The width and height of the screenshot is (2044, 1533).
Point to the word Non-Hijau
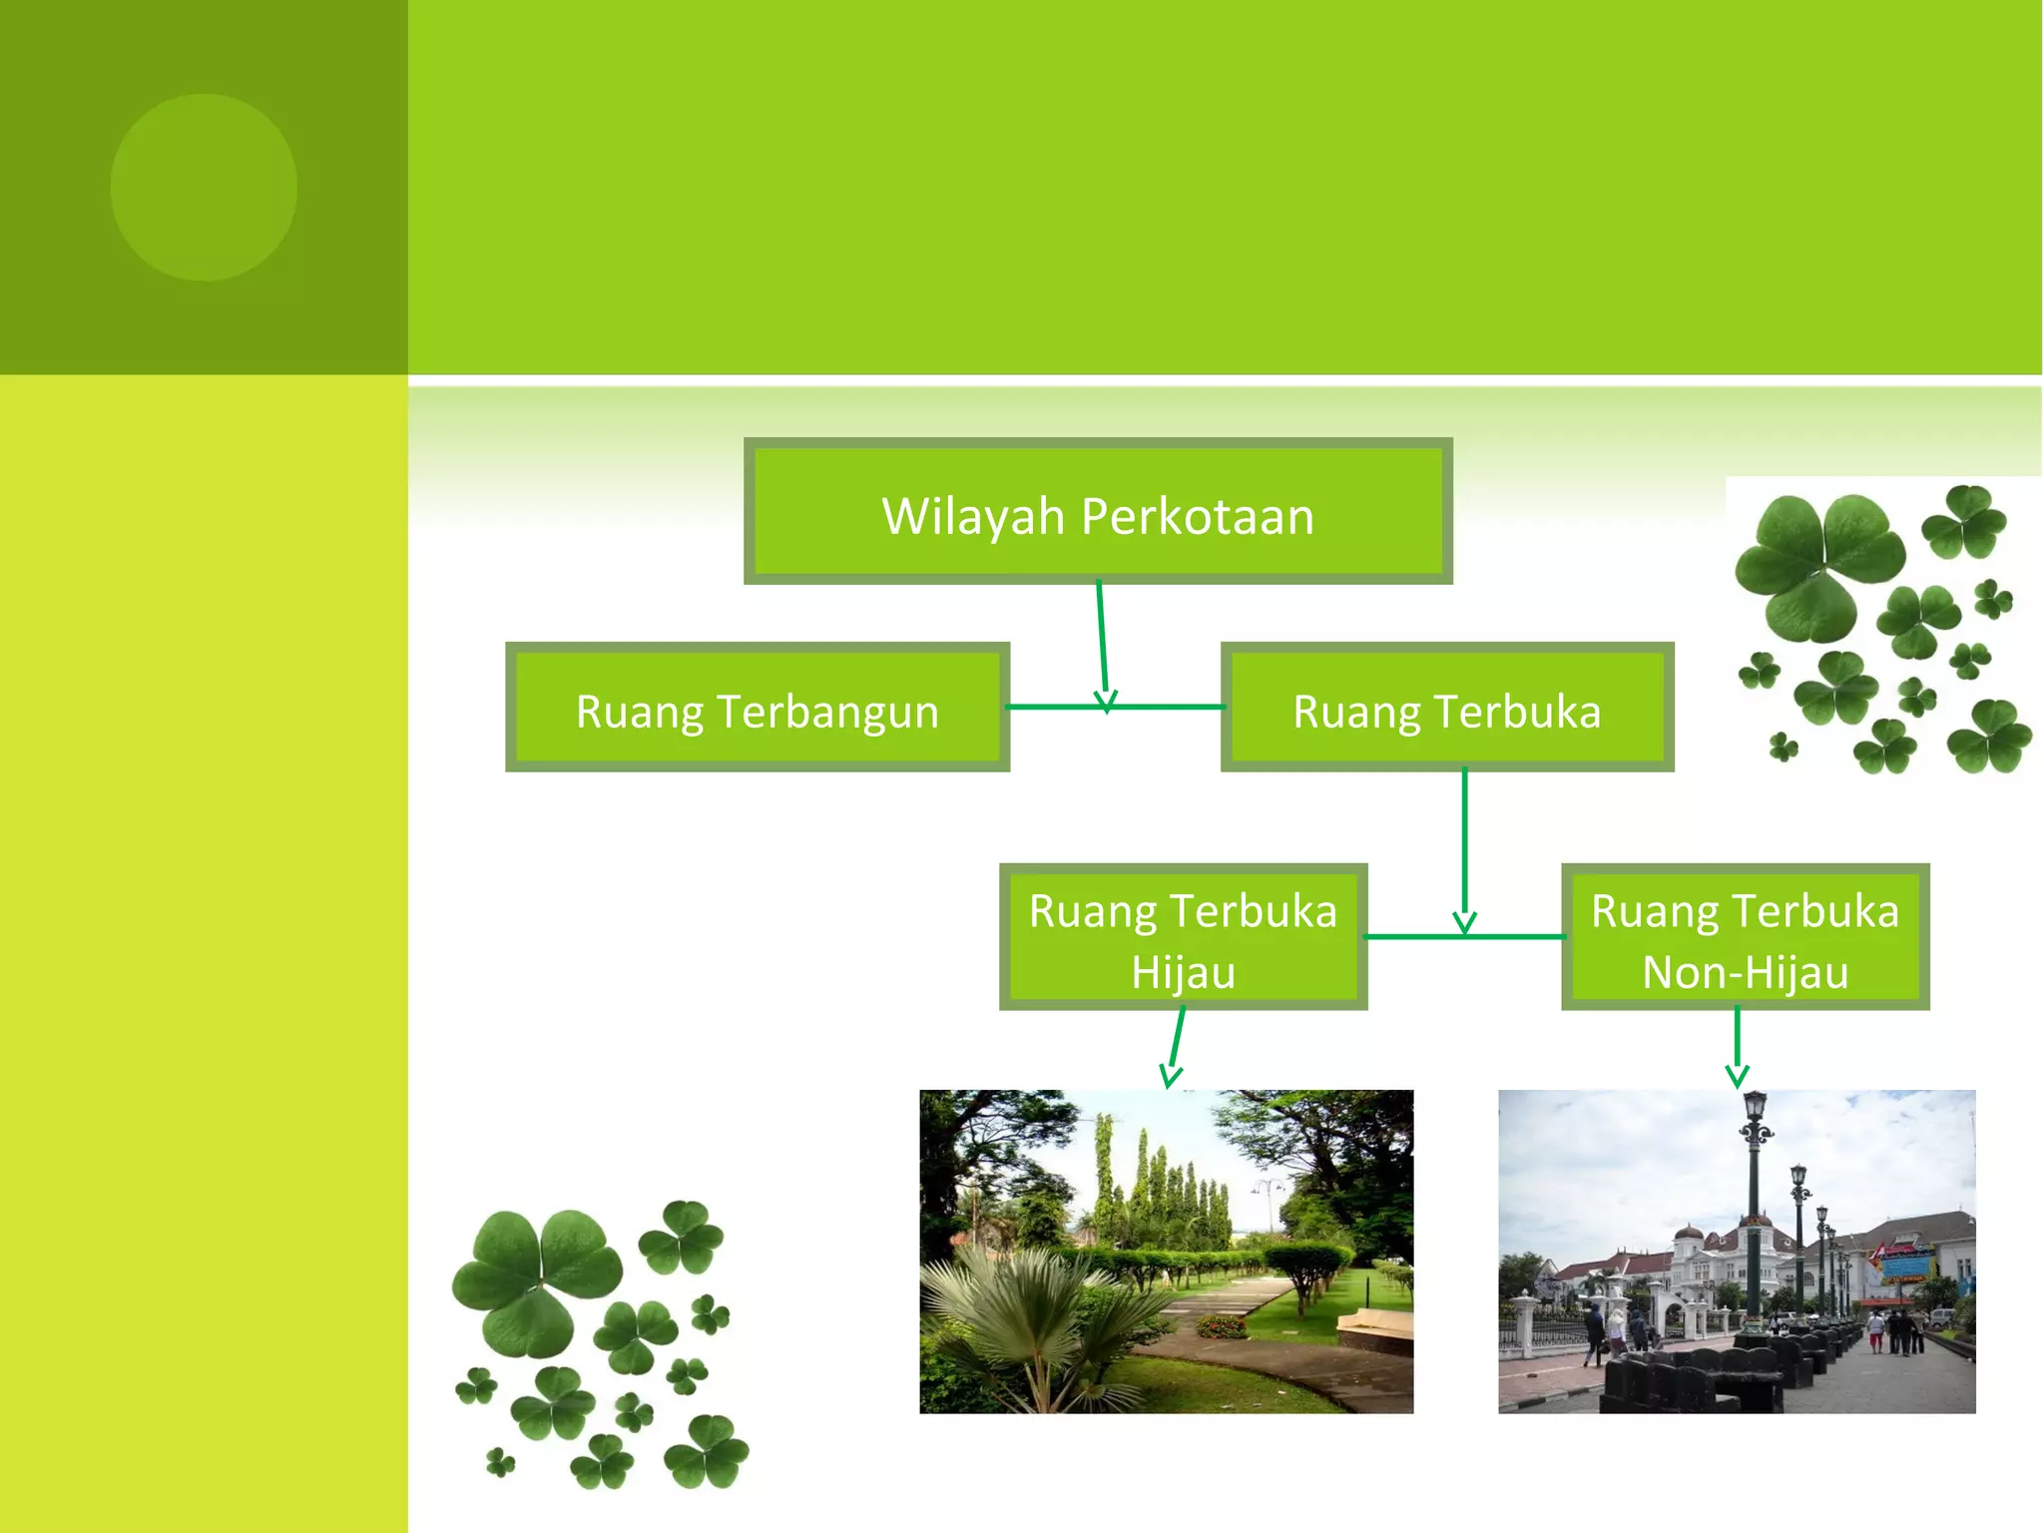click(1745, 972)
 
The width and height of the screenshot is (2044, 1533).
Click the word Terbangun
click(827, 713)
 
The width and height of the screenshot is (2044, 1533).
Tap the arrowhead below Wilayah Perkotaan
click(1106, 701)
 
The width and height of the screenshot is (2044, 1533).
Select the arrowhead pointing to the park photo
click(1171, 1077)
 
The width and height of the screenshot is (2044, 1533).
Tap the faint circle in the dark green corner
click(204, 187)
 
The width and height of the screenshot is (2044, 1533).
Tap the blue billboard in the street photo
click(1906, 1264)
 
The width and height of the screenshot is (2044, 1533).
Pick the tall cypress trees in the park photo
click(1158, 1188)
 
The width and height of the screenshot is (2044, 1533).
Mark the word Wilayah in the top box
click(973, 517)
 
